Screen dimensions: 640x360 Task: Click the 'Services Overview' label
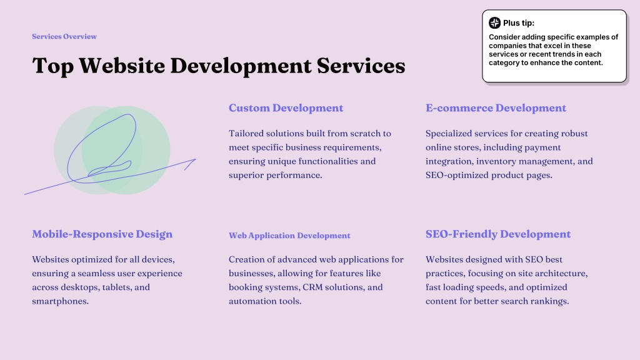(64, 36)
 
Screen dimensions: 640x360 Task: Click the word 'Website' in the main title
(122, 65)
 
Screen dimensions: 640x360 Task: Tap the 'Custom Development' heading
(286, 107)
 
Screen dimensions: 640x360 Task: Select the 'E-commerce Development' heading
(496, 107)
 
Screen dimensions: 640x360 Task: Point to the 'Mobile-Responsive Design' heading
(102, 234)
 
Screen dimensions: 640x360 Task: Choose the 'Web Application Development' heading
(289, 236)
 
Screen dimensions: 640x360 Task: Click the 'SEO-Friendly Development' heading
(498, 234)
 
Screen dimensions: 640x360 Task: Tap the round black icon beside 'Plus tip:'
(495, 23)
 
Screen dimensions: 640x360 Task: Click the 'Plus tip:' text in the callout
(518, 23)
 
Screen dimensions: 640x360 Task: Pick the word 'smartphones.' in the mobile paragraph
(61, 301)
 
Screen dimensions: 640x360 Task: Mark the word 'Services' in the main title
(361, 65)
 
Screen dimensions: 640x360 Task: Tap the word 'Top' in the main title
(53, 66)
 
